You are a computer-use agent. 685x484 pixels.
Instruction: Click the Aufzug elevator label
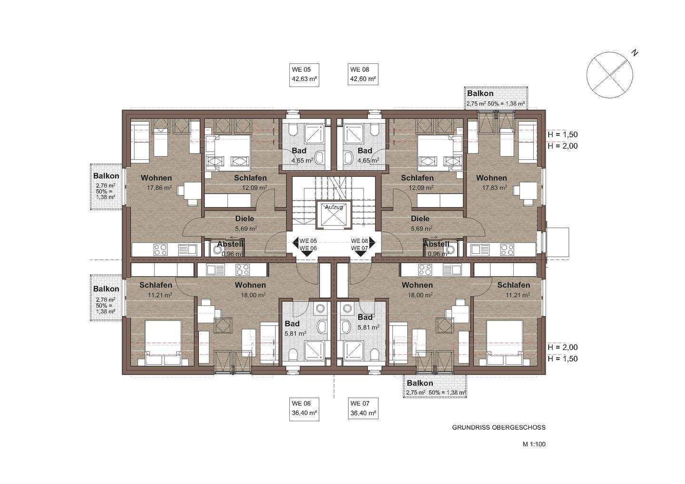(333, 207)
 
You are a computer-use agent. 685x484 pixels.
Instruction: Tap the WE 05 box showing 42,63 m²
(304, 75)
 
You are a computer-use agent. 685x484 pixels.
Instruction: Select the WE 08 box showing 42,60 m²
(363, 75)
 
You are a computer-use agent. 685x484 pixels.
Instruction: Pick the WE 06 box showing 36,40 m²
(304, 409)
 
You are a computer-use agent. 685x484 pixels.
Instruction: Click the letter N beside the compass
(635, 53)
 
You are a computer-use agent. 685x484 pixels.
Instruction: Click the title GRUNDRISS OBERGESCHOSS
(499, 427)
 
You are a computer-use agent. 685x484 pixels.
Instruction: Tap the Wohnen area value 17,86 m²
(159, 188)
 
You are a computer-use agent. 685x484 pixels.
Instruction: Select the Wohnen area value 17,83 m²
(495, 188)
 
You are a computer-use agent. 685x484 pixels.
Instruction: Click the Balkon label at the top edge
(480, 94)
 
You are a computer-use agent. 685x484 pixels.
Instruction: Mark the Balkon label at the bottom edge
(420, 383)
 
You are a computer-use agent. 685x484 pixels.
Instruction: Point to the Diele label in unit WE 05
(245, 219)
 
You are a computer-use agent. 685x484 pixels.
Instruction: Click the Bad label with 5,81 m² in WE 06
(292, 324)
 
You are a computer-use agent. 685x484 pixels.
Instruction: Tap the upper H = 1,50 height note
(563, 135)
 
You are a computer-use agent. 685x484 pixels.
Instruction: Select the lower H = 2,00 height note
(563, 348)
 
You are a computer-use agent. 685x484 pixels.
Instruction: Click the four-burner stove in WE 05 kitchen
(161, 250)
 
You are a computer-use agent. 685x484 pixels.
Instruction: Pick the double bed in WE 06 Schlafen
(163, 342)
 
